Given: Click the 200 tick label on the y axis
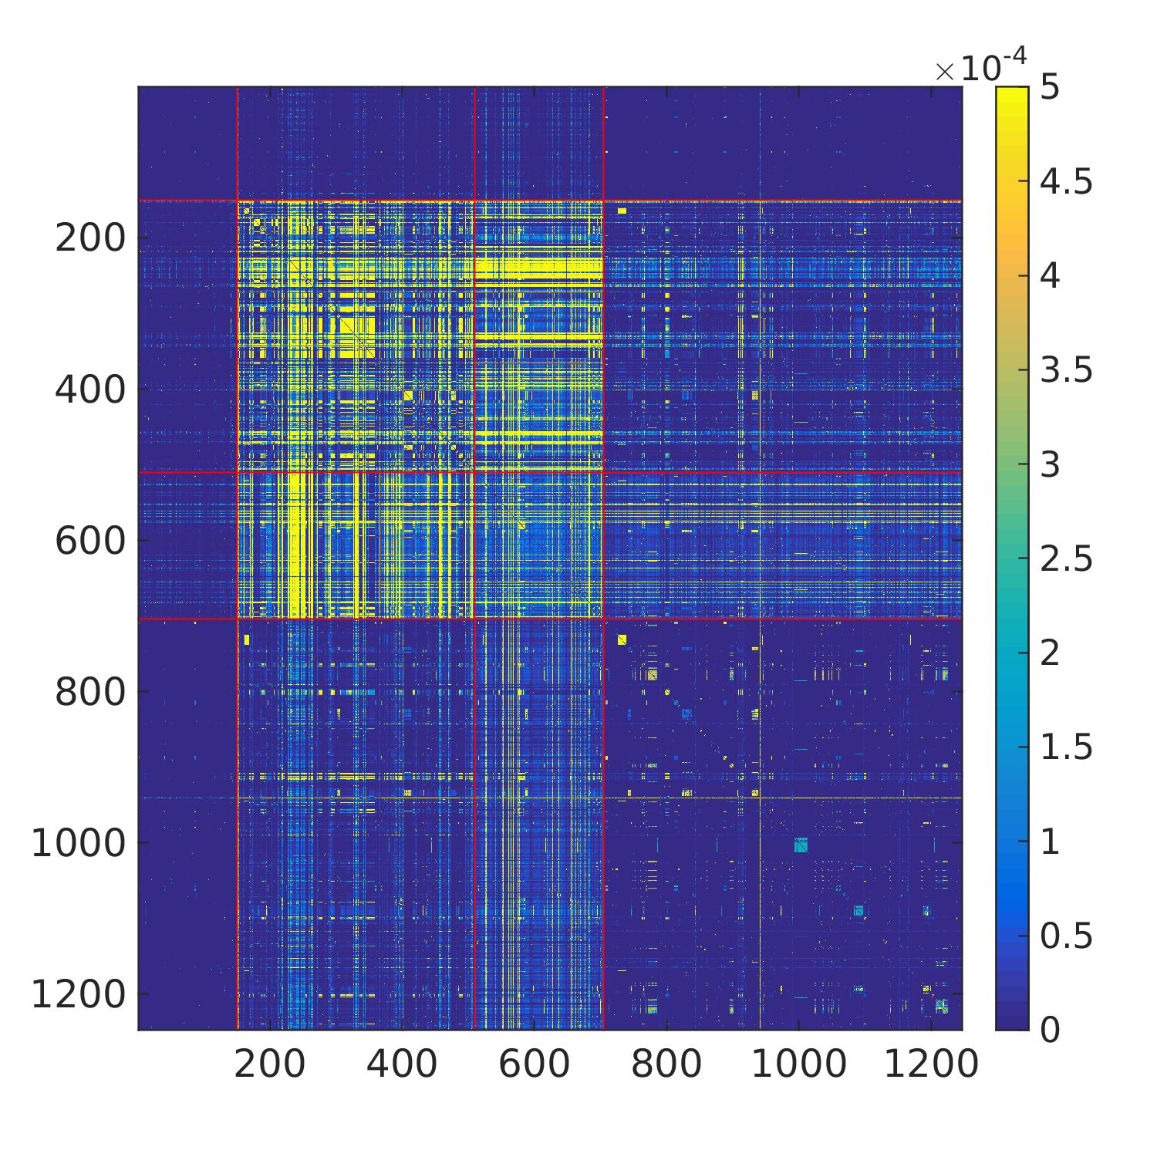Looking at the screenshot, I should click(89, 239).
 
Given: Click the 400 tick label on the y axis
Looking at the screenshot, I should click(89, 390).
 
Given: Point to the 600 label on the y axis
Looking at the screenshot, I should click(89, 541).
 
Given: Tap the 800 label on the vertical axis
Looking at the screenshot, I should click(89, 693).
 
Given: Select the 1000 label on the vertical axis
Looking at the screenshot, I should click(78, 844).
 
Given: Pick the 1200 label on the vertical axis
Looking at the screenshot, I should click(78, 995).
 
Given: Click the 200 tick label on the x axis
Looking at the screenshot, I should click(270, 1065).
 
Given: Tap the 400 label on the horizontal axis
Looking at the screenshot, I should click(402, 1065).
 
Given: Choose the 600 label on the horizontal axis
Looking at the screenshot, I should click(535, 1065).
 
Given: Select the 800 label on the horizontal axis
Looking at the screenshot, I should click(666, 1065).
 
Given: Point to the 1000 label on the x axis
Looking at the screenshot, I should click(798, 1065).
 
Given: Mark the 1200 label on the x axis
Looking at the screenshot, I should click(931, 1065).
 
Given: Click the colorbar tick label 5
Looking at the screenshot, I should click(1050, 88).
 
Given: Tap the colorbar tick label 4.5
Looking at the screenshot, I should click(1066, 182).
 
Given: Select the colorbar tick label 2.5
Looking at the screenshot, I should click(1066, 558).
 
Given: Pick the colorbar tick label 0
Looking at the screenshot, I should click(1050, 1030).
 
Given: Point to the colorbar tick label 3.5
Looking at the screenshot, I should click(1066, 370).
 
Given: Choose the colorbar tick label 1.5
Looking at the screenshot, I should click(1066, 747).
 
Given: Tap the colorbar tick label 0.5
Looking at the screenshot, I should click(1066, 936).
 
